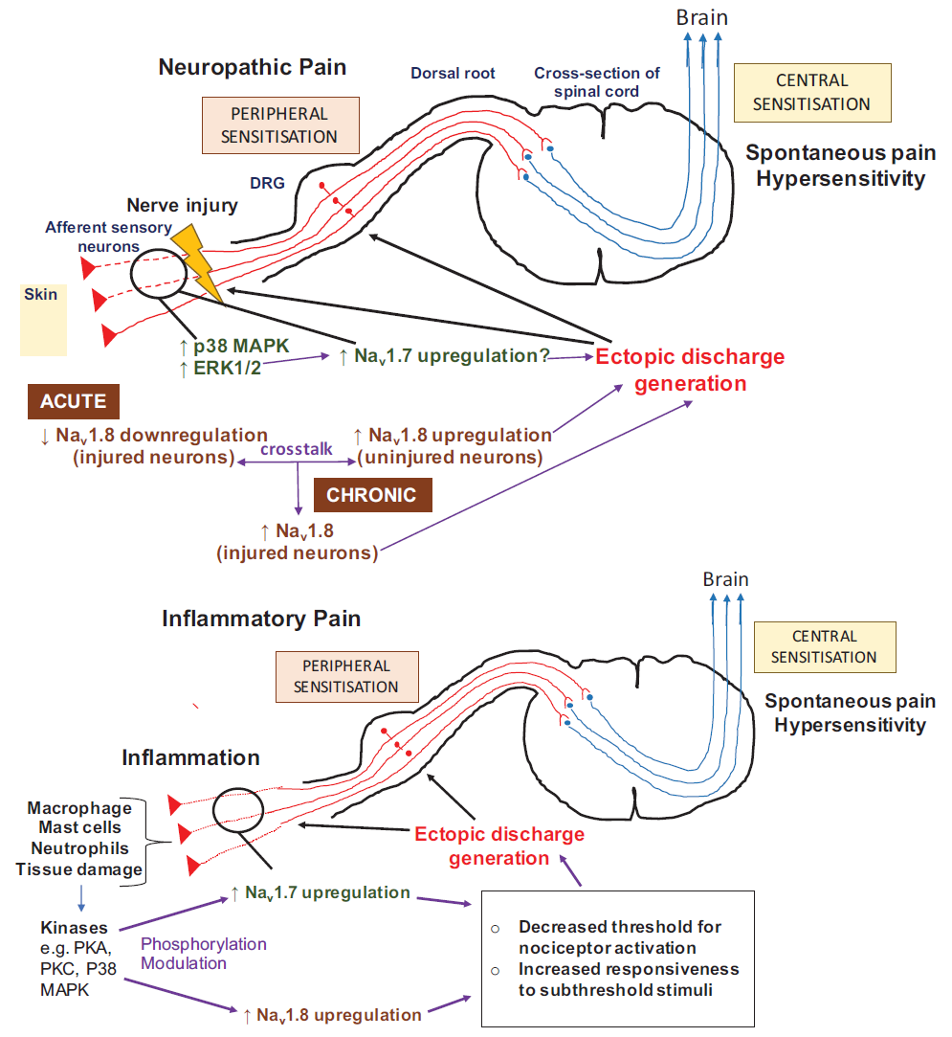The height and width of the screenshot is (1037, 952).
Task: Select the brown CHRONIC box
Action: (372, 495)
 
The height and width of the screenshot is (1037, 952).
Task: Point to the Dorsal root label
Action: (453, 73)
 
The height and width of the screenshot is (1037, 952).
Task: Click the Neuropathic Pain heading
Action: (253, 67)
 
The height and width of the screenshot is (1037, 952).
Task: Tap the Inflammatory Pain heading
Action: (261, 618)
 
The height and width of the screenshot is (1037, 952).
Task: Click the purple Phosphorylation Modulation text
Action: (204, 953)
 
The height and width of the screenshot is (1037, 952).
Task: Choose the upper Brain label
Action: (702, 17)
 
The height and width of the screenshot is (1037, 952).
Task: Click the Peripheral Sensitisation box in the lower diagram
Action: (346, 675)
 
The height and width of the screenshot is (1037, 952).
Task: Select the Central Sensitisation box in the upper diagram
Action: (811, 93)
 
